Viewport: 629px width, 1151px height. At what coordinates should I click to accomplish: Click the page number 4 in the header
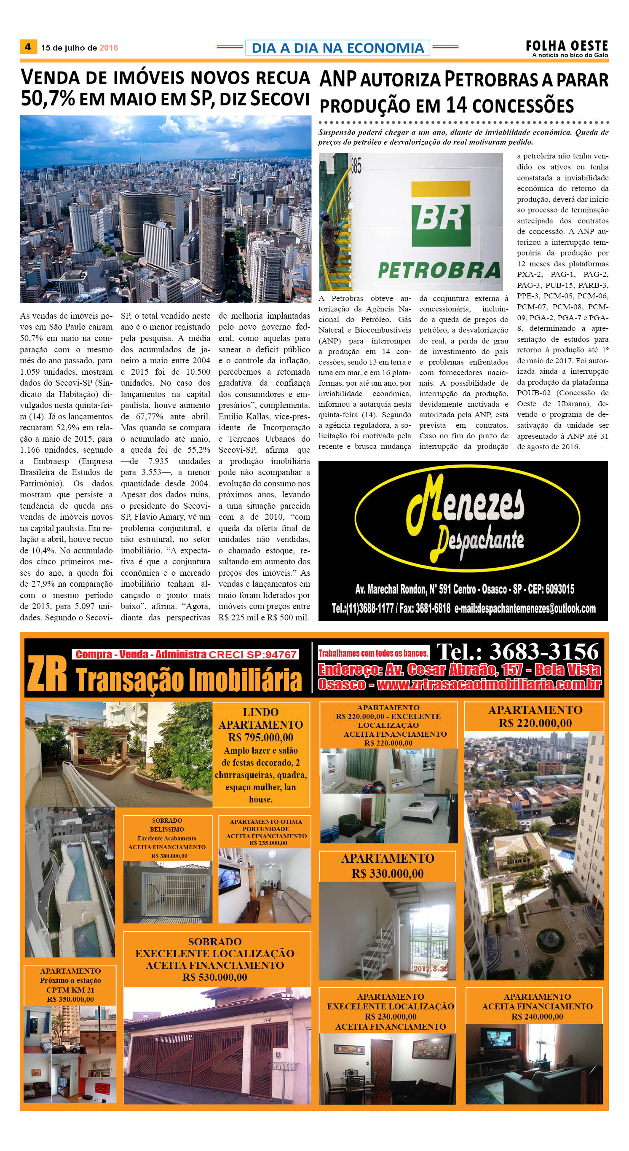pos(28,47)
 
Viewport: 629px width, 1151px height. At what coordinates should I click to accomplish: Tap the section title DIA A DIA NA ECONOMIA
pos(338,48)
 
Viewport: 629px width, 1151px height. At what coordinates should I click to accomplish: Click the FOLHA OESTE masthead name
pos(567,46)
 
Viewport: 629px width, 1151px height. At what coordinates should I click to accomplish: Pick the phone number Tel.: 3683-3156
pos(517,652)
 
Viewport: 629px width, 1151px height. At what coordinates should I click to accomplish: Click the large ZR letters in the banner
pos(47,674)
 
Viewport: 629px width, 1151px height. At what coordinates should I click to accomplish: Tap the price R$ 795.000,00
pos(260,737)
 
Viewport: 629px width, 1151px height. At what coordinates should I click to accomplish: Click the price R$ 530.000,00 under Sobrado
pos(214,977)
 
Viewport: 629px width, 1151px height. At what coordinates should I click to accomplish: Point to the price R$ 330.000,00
pos(387,874)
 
